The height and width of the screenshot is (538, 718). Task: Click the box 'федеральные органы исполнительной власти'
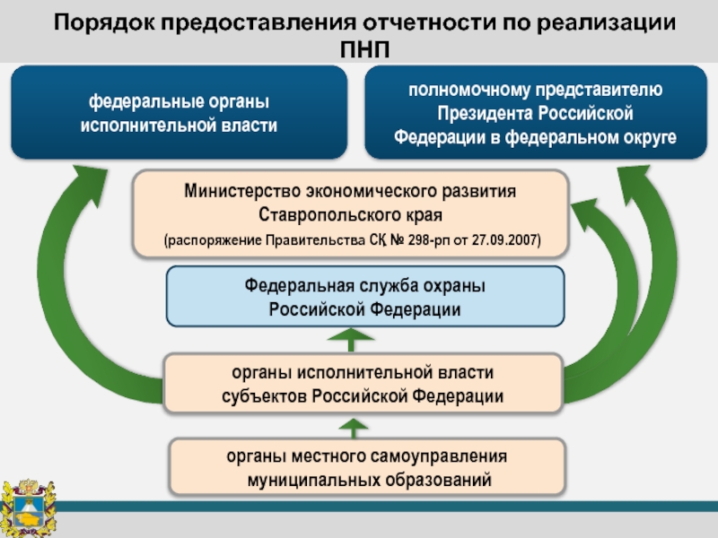pos(179,113)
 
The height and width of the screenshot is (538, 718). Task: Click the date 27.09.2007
pos(507,240)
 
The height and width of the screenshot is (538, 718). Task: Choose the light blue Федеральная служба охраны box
pos(365,296)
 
